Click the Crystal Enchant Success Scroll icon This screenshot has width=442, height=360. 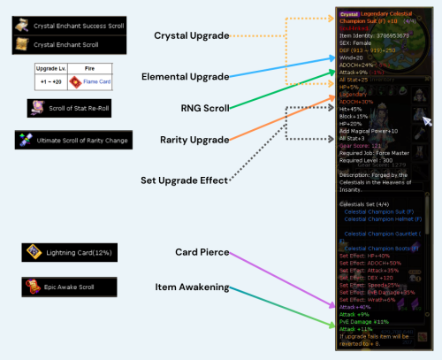coord(22,26)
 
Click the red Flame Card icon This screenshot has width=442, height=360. coord(77,82)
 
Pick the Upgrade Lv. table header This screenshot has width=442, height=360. coord(49,68)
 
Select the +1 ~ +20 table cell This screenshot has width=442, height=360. coord(49,82)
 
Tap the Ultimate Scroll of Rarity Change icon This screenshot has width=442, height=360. coord(24,140)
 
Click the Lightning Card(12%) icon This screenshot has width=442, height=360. coord(32,252)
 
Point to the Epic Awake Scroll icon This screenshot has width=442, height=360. coord(32,287)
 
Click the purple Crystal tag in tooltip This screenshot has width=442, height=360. coord(348,14)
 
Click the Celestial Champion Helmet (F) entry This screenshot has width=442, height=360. coord(383,218)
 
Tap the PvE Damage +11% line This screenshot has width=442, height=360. coord(363,320)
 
